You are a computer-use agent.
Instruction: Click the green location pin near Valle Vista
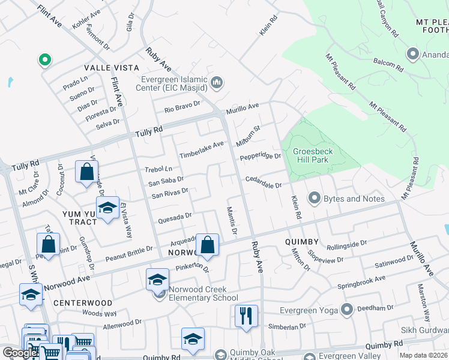[x=44, y=59]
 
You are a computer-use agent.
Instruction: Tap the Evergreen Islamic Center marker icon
[x=217, y=83]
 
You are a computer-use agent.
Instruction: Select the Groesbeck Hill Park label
[x=313, y=157]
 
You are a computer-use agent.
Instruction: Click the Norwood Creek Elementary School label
[x=203, y=293]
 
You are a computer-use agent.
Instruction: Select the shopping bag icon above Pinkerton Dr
[x=208, y=245]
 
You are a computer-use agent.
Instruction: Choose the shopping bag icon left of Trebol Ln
[x=87, y=172]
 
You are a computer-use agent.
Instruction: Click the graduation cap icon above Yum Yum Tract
[x=107, y=208]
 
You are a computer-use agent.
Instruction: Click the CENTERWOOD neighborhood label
[x=83, y=303]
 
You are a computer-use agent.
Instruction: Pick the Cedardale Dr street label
[x=263, y=182]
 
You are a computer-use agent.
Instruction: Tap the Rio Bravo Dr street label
[x=182, y=108]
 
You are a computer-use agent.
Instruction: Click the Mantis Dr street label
[x=232, y=220]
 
